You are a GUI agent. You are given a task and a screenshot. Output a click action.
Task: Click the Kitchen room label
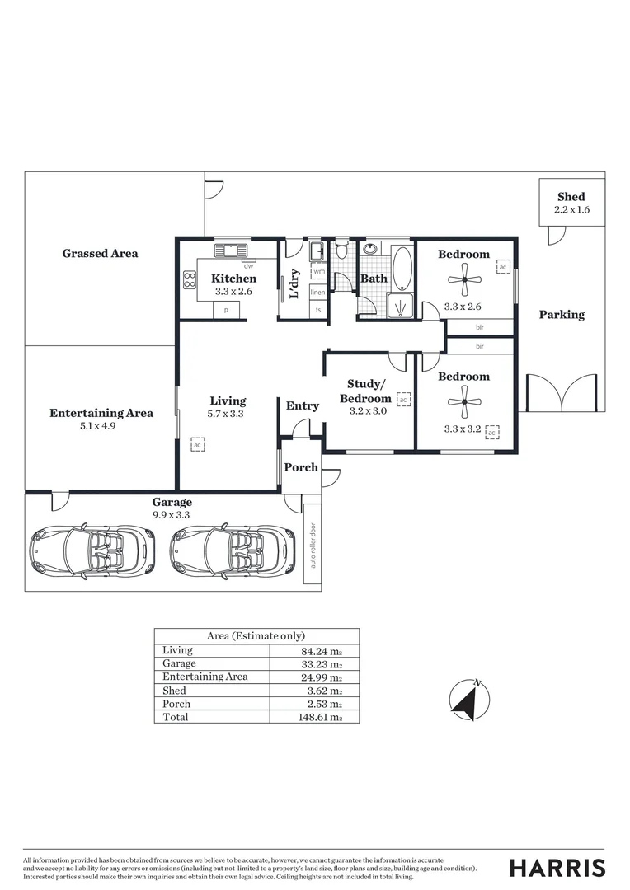click(x=228, y=279)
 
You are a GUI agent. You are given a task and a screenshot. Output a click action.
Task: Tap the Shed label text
click(x=571, y=196)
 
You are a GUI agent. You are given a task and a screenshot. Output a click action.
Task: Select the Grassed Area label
click(x=100, y=253)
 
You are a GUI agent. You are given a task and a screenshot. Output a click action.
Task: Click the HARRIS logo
click(x=557, y=867)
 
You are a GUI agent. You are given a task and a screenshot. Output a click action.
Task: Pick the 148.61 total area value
click(x=319, y=717)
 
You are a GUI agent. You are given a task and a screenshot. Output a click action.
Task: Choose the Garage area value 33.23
click(x=319, y=663)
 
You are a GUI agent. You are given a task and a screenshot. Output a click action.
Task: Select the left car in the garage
click(x=92, y=551)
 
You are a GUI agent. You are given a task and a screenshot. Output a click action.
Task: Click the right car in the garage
click(x=233, y=551)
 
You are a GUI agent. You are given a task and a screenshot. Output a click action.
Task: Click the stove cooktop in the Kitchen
click(x=189, y=279)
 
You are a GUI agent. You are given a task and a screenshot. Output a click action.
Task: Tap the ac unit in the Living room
click(x=197, y=445)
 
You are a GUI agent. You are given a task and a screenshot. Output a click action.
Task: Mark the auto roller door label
click(x=312, y=545)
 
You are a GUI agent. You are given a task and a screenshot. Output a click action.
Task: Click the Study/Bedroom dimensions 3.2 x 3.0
click(x=369, y=411)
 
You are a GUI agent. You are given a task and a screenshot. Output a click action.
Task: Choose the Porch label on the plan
click(x=301, y=467)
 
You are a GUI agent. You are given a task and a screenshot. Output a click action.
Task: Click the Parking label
click(x=562, y=314)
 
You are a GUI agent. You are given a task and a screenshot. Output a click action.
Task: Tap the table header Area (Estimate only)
click(x=256, y=635)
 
